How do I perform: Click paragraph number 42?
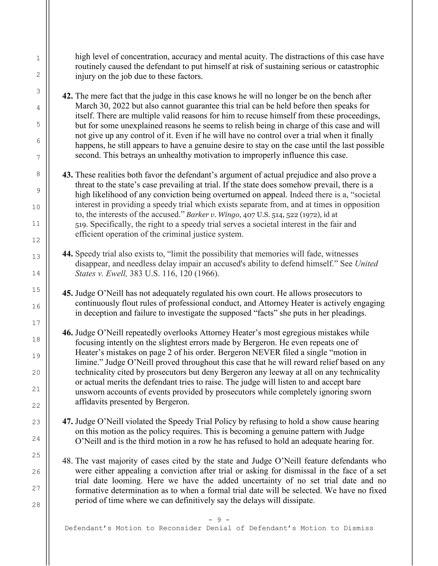coord(67,96)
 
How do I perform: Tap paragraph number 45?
coord(67,293)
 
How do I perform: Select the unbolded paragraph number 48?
coord(67,461)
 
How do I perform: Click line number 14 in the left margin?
coord(36,273)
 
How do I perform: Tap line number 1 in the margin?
coord(38,58)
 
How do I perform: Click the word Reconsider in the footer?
coord(180,528)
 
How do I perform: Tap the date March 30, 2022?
coord(103,106)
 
